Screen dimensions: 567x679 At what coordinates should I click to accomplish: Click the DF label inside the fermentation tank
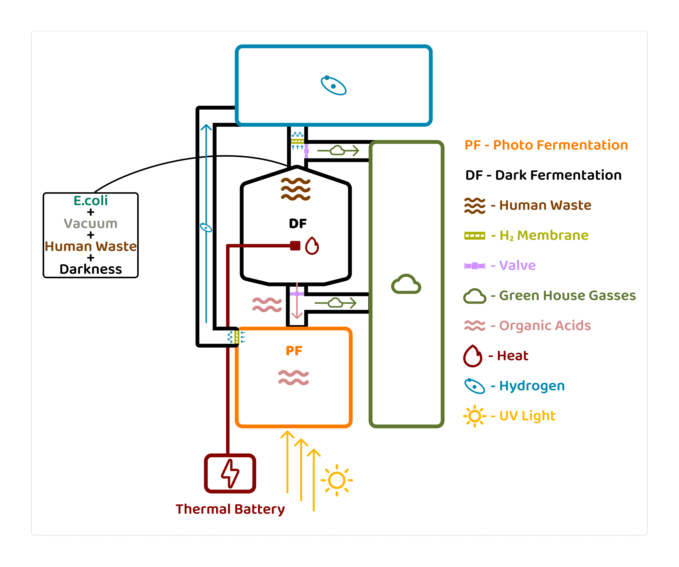[x=298, y=223]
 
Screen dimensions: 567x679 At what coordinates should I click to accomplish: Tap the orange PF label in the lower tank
[x=294, y=351]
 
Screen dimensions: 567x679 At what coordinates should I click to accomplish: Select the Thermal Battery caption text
[x=230, y=509]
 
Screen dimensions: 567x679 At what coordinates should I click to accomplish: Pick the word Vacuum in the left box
[x=90, y=223]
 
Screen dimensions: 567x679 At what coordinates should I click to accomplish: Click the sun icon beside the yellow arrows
[x=337, y=480]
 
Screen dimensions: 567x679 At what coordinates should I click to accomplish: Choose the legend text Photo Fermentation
[x=560, y=145]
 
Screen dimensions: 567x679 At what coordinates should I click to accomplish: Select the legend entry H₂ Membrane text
[x=544, y=235]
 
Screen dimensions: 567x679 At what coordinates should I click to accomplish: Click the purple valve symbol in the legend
[x=475, y=266]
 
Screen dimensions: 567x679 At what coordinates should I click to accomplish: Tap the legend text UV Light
[x=527, y=416]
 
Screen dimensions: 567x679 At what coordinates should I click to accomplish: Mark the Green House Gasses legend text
[x=567, y=295]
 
